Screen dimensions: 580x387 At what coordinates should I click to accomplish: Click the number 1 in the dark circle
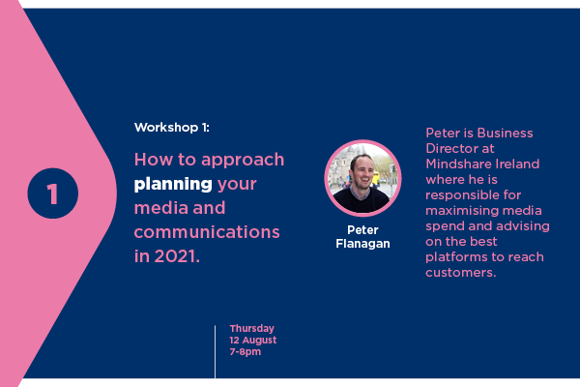[52, 193]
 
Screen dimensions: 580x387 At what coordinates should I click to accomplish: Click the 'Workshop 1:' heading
[172, 128]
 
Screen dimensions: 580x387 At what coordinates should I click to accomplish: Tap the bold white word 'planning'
[173, 185]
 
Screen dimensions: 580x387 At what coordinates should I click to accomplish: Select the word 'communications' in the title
[207, 232]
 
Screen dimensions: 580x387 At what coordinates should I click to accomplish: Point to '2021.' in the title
[177, 256]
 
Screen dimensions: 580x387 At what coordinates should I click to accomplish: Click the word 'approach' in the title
[243, 161]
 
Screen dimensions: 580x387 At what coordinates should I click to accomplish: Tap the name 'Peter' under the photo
[362, 230]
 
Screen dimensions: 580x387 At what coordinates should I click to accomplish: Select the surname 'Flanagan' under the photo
[362, 244]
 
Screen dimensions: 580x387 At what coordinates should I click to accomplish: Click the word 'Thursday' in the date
[252, 329]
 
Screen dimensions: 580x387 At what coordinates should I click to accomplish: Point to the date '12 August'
[253, 340]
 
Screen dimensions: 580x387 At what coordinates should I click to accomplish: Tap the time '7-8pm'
[246, 352]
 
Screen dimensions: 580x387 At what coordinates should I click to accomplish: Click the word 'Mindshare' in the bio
[458, 164]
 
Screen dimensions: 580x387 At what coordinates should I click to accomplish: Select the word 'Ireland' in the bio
[517, 164]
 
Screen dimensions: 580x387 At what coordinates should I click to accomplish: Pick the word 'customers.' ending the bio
[460, 273]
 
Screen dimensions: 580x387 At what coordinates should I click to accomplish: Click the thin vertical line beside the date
[215, 352]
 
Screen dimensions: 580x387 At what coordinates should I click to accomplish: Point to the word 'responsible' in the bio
[460, 195]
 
